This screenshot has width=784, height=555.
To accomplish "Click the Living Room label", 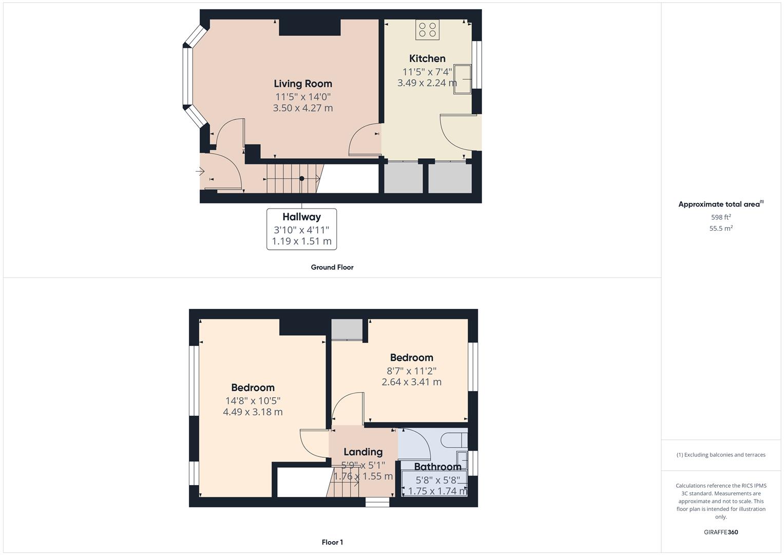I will pos(302,84).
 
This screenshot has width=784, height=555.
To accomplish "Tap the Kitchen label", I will pos(427,59).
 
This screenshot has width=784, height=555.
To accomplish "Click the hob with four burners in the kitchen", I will pos(427,30).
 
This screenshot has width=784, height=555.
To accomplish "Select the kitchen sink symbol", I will pos(462,79).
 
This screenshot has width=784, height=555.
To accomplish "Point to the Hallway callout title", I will pos(301,217).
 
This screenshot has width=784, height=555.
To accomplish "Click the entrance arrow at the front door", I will pos(200,171).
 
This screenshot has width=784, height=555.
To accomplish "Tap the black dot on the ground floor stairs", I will pos(302,179).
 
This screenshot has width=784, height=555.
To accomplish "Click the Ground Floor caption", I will pos(332,267).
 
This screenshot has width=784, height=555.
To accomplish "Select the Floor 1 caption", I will pos(332,542).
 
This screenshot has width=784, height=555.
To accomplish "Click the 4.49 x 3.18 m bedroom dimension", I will pos(253,412).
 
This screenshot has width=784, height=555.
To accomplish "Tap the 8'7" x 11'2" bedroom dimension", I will pos(411,371).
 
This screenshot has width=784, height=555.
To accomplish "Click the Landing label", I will pos(363,452).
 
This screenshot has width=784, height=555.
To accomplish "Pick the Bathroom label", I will pos(437,467).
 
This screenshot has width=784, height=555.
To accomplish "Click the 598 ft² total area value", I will pos(721,217).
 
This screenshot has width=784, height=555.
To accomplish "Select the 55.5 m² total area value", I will pos(721,228).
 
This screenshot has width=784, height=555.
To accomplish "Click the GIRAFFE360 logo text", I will pos(721,532).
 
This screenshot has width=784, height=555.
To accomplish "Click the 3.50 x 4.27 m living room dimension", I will pos(302,108).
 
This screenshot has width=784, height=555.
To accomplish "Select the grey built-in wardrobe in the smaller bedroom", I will pos(347,329).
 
